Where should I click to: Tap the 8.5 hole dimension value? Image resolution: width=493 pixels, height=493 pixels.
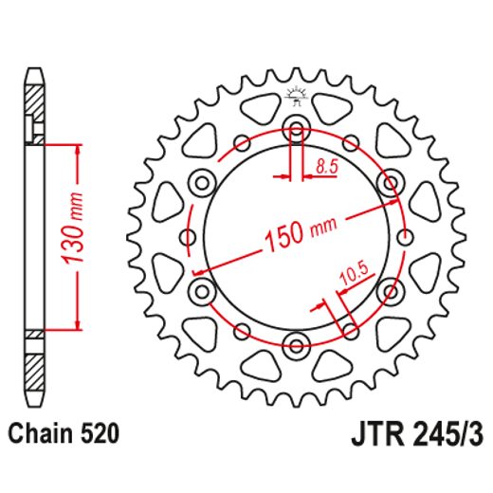tap(326, 168)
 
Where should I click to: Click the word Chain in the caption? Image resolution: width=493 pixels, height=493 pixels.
tap(38, 436)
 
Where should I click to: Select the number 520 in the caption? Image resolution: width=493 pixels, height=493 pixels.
tap(99, 436)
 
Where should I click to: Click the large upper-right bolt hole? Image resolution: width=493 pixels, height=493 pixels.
tap(387, 181)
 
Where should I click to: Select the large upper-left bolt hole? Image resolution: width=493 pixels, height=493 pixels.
tap(203, 181)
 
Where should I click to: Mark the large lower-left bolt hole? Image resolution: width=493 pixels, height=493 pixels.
tap(203, 289)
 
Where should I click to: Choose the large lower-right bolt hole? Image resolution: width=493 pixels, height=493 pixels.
tap(387, 289)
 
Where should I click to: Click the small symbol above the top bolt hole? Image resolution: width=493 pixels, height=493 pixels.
tap(295, 93)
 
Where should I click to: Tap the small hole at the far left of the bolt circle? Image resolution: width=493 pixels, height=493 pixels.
tap(189, 236)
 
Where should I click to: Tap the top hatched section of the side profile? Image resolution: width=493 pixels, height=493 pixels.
tap(34, 100)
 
